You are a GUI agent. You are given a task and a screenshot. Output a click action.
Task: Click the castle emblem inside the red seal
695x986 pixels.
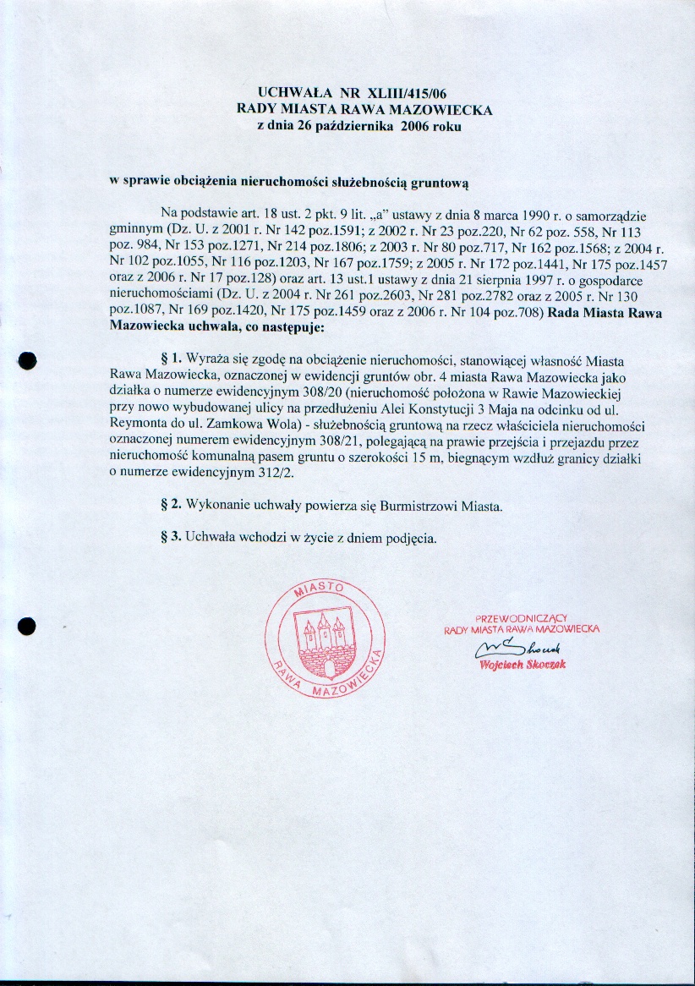324,644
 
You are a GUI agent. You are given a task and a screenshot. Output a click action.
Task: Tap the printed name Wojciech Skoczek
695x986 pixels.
522,665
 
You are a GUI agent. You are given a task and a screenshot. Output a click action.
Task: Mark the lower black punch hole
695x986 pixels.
28,627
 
